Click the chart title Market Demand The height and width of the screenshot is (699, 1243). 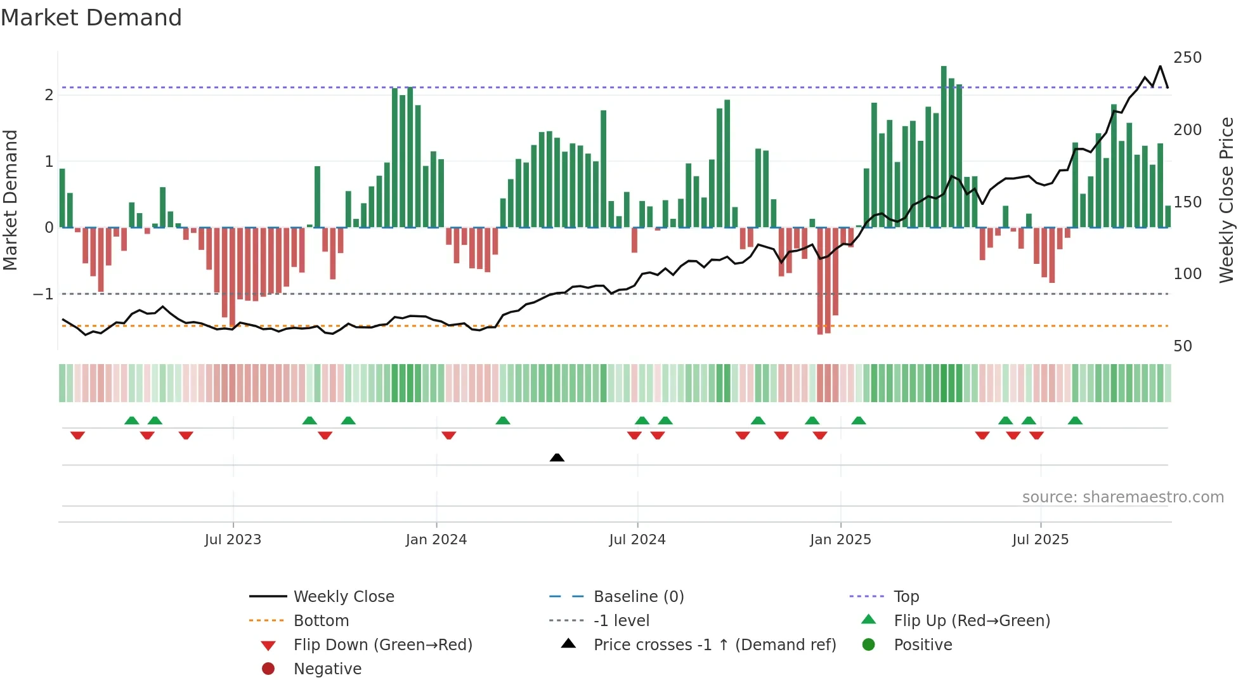(91, 18)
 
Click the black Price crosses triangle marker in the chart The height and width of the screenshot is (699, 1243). (557, 457)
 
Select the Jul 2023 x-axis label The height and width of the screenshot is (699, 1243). (233, 539)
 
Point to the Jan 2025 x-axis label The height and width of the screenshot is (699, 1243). (840, 539)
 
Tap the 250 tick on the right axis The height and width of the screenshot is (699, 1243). (1187, 58)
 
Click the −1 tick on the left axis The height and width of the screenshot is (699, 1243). (43, 294)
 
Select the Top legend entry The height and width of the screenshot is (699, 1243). (906, 596)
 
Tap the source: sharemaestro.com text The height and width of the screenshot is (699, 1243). (1123, 497)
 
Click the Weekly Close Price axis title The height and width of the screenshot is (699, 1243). (1227, 200)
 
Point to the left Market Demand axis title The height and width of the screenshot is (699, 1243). (10, 200)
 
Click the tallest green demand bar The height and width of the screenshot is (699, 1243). (944, 146)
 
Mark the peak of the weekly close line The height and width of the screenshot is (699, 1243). (1161, 67)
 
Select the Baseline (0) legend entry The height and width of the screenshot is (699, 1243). (638, 596)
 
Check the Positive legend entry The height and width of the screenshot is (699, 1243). (923, 644)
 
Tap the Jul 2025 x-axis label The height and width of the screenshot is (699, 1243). (1040, 539)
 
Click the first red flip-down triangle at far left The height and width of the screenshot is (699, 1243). (77, 435)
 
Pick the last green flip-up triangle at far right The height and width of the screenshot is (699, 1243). (1075, 421)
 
